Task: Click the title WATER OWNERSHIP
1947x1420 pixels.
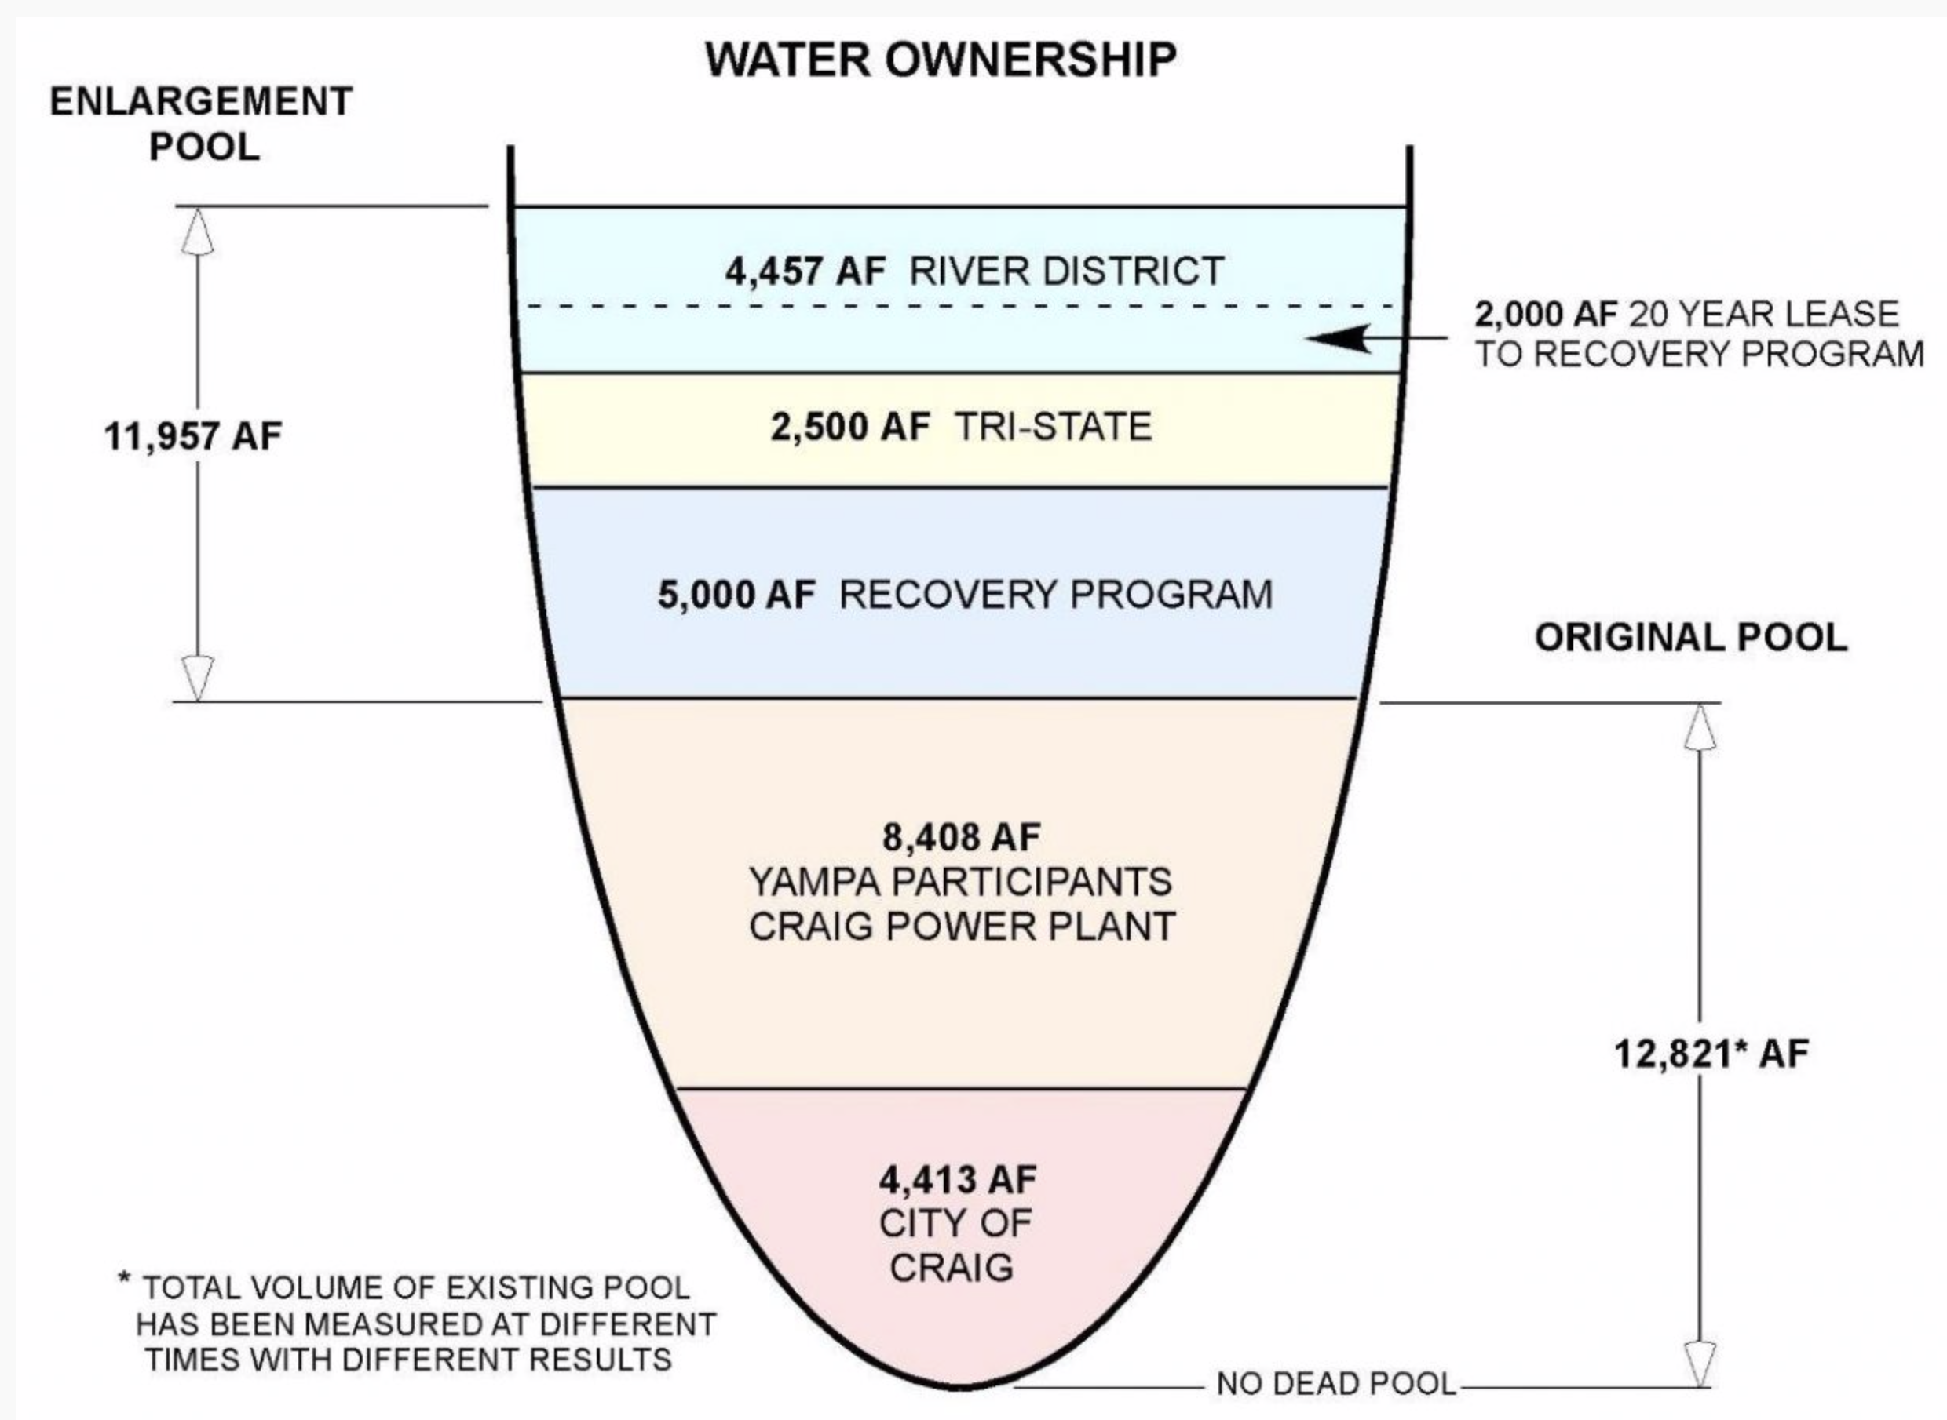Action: (x=941, y=60)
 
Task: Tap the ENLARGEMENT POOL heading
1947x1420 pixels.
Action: (x=202, y=124)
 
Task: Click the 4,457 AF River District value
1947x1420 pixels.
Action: (x=805, y=271)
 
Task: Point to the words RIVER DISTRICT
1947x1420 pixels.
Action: (x=1066, y=271)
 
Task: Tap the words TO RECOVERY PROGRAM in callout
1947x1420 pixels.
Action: (x=1698, y=354)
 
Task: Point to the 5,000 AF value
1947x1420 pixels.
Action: (x=736, y=595)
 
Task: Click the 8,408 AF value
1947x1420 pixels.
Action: (x=962, y=836)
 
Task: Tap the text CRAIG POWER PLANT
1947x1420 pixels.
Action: (x=962, y=927)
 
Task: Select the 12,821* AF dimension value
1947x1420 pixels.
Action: (x=1711, y=1054)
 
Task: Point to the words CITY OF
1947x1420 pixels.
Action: (x=955, y=1224)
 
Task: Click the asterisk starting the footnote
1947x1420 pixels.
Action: (x=125, y=1281)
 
